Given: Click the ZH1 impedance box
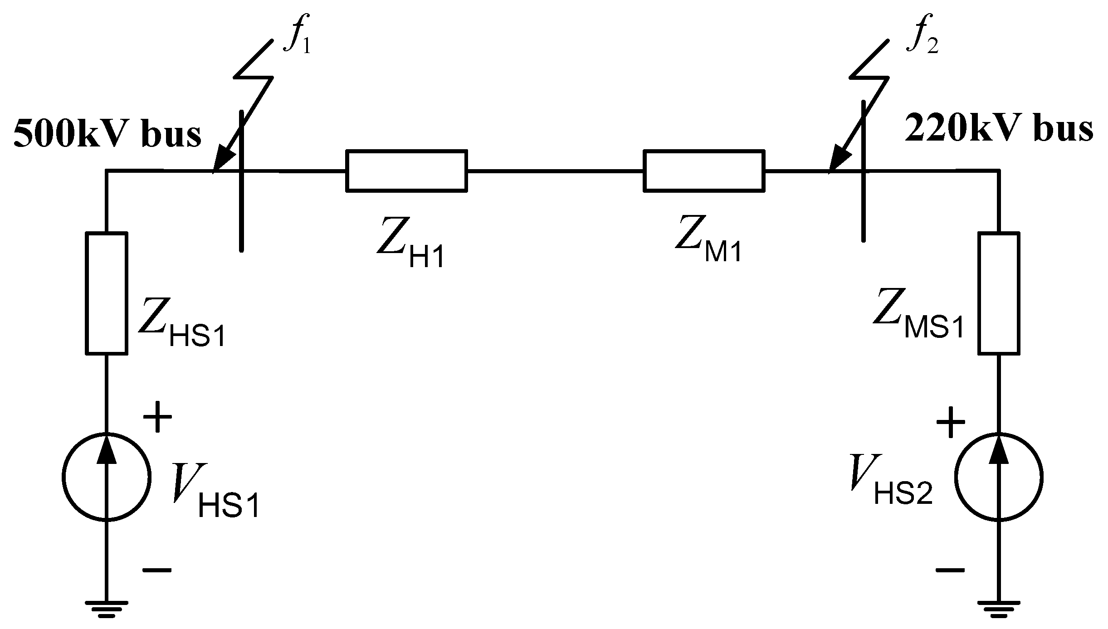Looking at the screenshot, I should coord(406,171).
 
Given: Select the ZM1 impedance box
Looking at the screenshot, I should coord(703,171).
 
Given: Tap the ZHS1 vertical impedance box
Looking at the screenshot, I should coord(107,293).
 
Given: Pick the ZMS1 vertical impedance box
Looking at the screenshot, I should coord(999,293).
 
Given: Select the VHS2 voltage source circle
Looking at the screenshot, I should coord(999,477).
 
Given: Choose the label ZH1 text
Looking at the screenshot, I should coord(410,245).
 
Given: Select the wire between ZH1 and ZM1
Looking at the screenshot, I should coord(555,171).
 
